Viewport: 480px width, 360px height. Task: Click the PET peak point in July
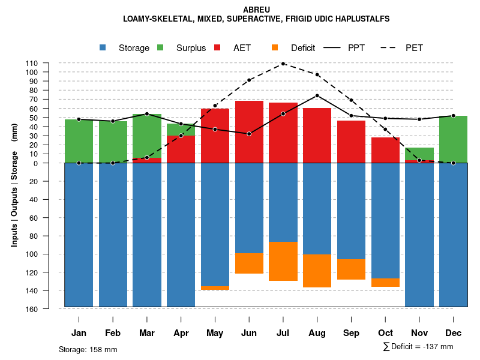(x=283, y=64)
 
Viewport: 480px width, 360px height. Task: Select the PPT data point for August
(x=317, y=95)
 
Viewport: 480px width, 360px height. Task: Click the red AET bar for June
(x=249, y=132)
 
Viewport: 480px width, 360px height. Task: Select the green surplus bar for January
(x=79, y=141)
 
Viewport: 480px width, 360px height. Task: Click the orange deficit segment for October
(x=385, y=283)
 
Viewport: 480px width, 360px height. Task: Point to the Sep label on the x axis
(x=352, y=333)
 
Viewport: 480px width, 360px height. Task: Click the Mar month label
(x=147, y=333)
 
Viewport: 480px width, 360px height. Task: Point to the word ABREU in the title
(x=256, y=10)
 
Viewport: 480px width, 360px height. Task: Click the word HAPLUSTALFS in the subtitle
(x=358, y=19)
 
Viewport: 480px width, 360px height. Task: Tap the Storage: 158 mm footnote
(x=88, y=349)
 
